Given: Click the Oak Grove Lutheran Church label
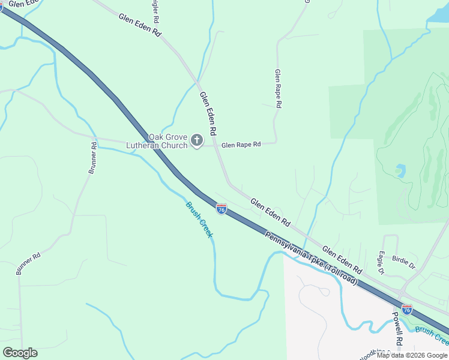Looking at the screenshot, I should coord(156,141).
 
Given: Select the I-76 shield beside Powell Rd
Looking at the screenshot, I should coord(407,310).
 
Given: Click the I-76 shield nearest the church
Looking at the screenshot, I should coord(221,209).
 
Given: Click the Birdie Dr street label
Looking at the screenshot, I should coord(403,262).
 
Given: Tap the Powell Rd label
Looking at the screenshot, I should coord(397,328).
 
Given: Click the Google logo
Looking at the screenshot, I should coord(20,353).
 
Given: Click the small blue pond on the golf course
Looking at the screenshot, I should coord(400,171).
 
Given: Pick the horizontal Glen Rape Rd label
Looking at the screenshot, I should coord(241,145).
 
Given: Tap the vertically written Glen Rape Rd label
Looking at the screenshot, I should coord(278,88).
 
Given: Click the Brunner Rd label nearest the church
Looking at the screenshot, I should coord(92,158).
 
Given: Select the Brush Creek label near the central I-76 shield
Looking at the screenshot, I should coord(199,219).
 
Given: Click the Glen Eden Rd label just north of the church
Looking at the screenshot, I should coord(207,112).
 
